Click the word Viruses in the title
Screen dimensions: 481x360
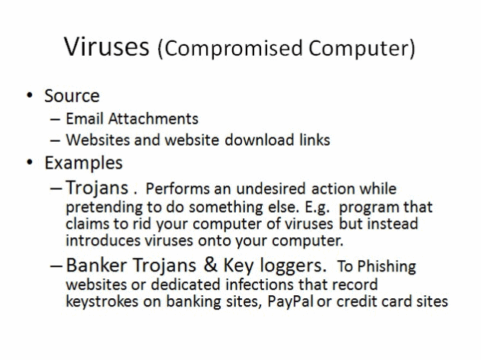[x=106, y=47]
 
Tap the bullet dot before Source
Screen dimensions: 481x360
[x=30, y=95]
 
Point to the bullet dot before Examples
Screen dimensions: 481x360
[x=30, y=162]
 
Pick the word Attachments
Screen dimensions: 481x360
[x=153, y=118]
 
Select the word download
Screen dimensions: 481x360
[x=255, y=140]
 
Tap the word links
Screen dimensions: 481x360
[x=311, y=140]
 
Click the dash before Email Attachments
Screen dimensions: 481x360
[x=55, y=120]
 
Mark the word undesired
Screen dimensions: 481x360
[x=271, y=188]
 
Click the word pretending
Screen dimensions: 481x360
[x=105, y=207]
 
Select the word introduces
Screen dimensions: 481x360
[x=103, y=240]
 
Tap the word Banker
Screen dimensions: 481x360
[x=96, y=265]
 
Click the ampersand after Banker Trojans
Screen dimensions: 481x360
[x=211, y=265]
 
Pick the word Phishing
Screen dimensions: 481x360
[x=386, y=267]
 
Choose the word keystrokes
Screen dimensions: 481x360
[x=102, y=301]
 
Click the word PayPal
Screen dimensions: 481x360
[x=290, y=301]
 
